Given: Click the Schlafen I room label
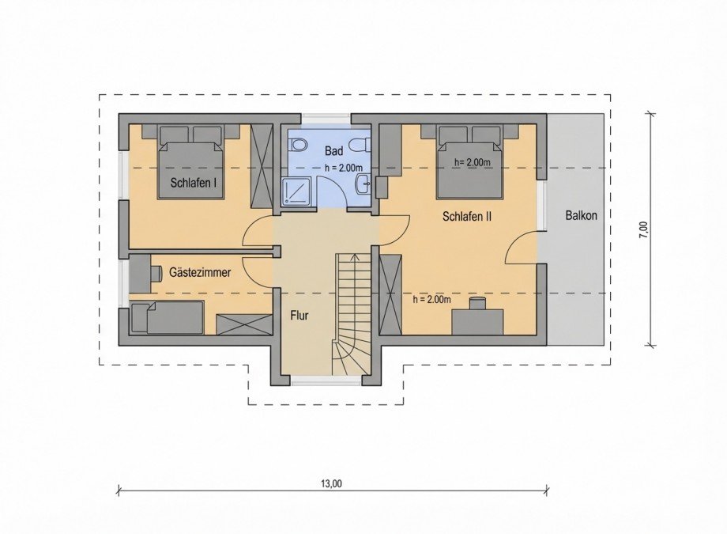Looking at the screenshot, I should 194,184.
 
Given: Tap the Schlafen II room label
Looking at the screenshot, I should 467,215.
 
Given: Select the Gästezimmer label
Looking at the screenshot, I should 200,272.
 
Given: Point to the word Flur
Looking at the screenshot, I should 299,316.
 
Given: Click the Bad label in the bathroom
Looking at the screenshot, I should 333,150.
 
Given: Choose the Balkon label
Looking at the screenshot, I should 581,215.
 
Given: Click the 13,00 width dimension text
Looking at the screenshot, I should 332,483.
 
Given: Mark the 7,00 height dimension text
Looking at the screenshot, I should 644,229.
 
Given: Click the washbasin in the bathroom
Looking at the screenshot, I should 363,184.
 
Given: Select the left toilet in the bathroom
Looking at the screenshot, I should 298,146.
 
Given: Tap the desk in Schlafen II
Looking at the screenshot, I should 478,320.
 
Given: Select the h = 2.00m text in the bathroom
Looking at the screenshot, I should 343,168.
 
